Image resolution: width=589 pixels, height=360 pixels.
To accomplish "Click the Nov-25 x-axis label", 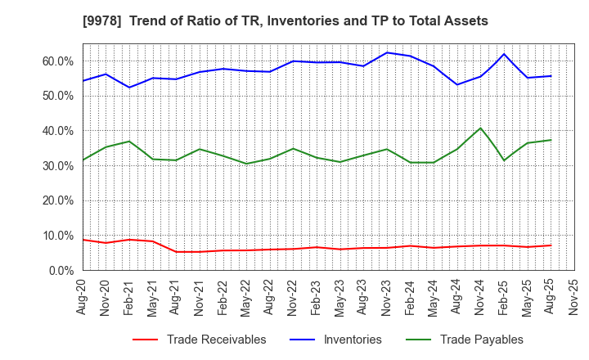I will pos(574,299).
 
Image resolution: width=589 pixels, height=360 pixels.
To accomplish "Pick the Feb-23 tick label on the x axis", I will pos(317,299).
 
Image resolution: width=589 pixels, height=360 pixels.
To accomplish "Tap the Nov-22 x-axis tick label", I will pos(293,299).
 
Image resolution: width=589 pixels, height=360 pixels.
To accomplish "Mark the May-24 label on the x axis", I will pos(434,299).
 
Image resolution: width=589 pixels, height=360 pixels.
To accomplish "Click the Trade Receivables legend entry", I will pos(205,340).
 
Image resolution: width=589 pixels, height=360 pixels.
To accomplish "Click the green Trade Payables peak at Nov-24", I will pos(480,128).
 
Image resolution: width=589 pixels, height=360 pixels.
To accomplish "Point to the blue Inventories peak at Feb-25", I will pos(504,54).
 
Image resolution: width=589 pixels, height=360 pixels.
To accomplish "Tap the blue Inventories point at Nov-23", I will pos(387,52).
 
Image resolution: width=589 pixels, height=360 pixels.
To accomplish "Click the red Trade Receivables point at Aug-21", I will pos(176,251).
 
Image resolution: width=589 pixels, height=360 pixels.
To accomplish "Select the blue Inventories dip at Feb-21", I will pos(128,88).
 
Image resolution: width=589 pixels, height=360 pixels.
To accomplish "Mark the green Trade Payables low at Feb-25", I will pos(504,160).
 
